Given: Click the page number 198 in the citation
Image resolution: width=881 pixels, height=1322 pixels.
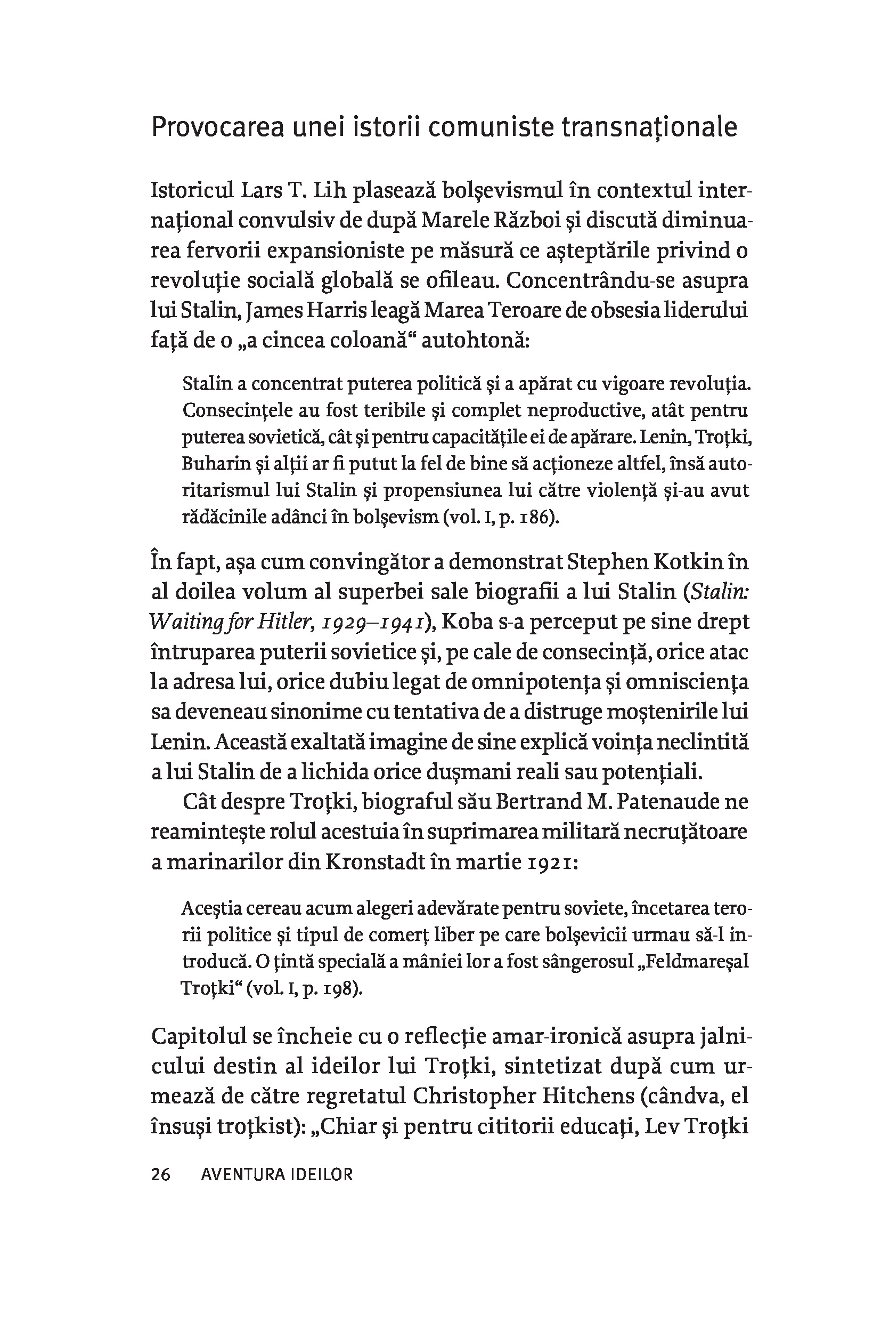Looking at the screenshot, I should point(335,988).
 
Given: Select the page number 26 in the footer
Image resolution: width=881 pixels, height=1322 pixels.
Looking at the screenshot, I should point(161,1175).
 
